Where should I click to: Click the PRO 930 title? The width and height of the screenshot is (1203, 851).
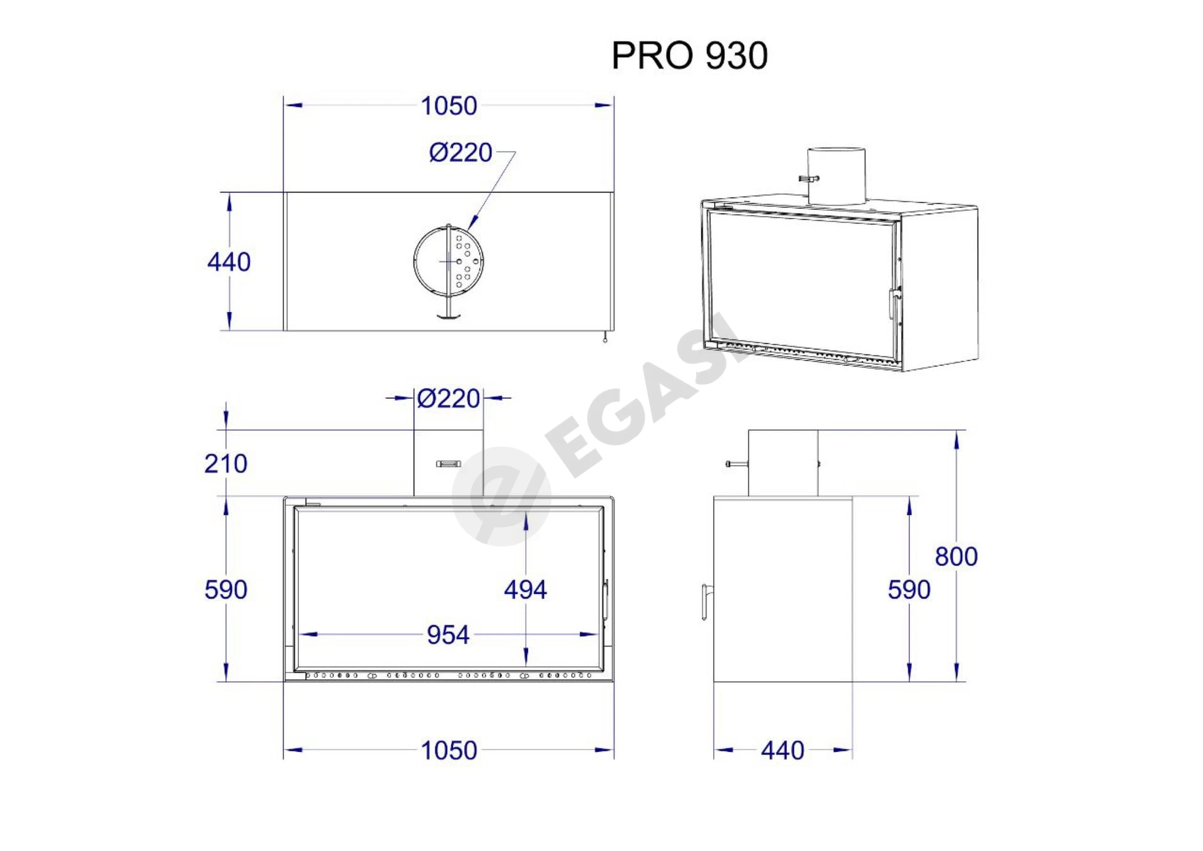pos(689,55)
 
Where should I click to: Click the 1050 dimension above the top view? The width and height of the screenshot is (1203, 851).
pos(449,106)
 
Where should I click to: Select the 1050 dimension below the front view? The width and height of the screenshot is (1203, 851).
pos(449,750)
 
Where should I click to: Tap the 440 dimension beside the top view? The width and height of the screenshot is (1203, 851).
pos(229,262)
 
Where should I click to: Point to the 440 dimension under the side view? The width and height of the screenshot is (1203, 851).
pos(783,750)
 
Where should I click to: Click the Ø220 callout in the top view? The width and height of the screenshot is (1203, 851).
pos(461,152)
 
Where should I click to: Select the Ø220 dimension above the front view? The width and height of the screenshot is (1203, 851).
pos(449,399)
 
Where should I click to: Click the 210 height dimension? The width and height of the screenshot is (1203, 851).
pos(226,464)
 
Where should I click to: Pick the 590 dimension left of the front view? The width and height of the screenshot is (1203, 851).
pos(226,590)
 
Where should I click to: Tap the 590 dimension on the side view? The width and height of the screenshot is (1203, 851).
pos(909,590)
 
